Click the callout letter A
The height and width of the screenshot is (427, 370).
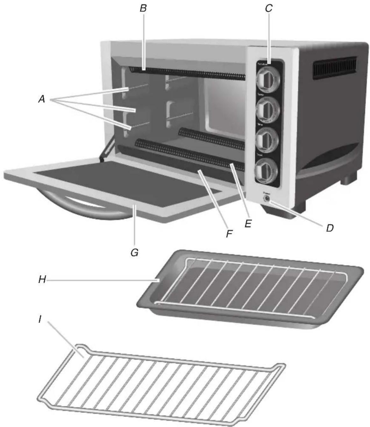point(41,100)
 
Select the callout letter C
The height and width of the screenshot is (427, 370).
point(269,9)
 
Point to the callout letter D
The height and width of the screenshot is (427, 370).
point(330,228)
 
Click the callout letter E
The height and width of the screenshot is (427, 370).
point(248,223)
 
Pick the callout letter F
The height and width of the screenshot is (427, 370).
point(229,234)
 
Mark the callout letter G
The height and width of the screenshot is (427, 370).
point(134,253)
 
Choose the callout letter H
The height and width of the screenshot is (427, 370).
point(42,280)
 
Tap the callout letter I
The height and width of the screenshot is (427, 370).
point(40,319)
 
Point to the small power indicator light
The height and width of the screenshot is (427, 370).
point(266,199)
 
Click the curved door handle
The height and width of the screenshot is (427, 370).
point(83,208)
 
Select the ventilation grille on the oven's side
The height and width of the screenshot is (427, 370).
point(334,68)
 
